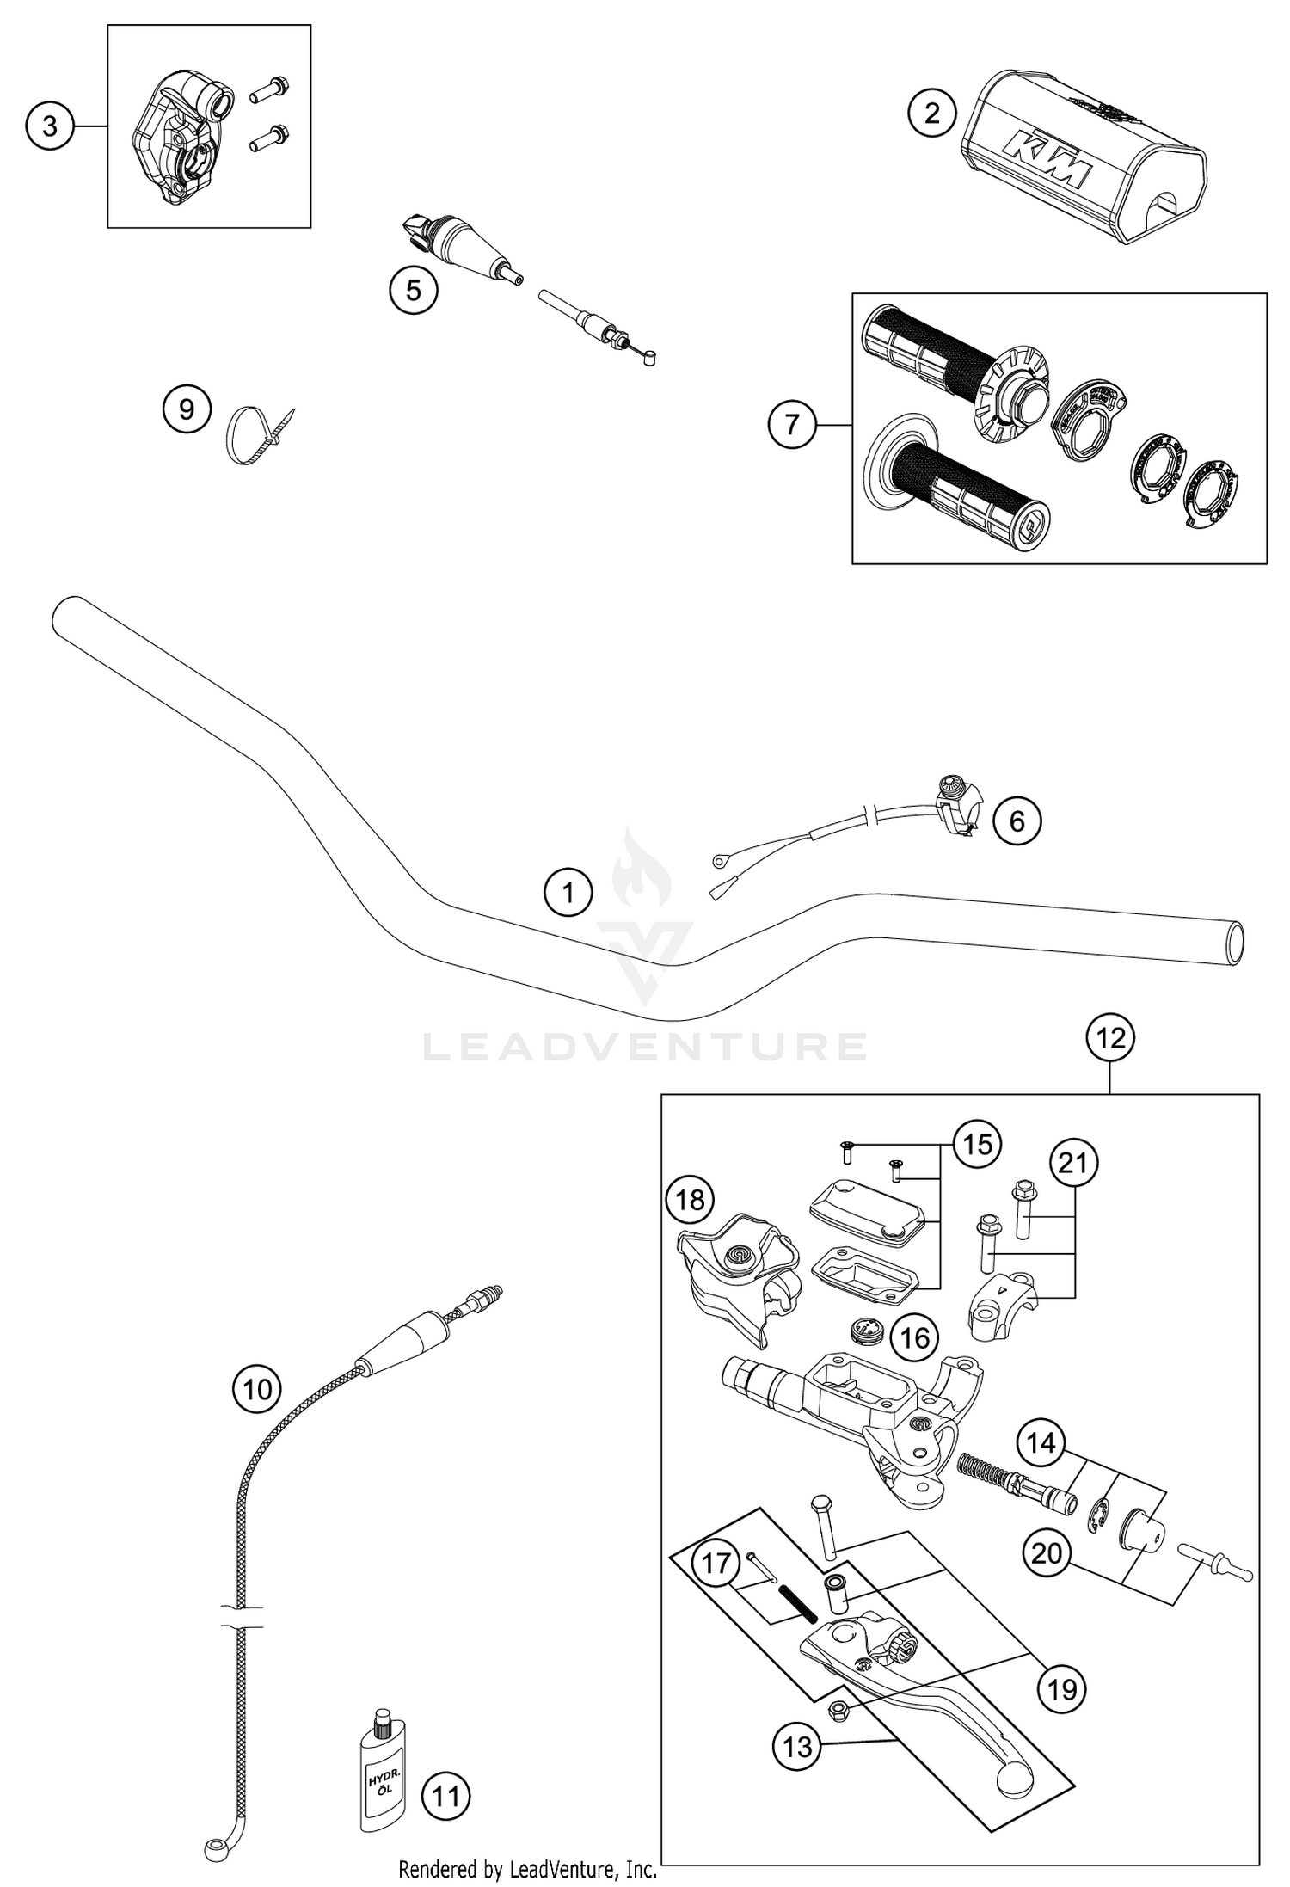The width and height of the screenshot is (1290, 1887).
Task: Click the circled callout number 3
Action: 49,126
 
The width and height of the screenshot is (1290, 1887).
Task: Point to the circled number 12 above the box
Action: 1110,1038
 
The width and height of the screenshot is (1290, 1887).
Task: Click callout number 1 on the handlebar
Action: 568,893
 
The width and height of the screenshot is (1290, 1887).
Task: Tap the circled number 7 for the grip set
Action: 791,424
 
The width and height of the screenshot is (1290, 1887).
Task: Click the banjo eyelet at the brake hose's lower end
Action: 214,1847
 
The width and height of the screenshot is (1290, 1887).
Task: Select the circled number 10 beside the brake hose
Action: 257,1389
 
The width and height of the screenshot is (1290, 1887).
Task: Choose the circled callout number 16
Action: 914,1337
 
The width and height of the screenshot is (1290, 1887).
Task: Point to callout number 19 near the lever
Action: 1061,1689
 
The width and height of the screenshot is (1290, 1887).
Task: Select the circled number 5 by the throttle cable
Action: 414,291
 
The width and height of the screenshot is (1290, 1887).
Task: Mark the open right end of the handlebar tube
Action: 1235,943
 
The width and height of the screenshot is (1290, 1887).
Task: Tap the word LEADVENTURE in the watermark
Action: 645,1047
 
